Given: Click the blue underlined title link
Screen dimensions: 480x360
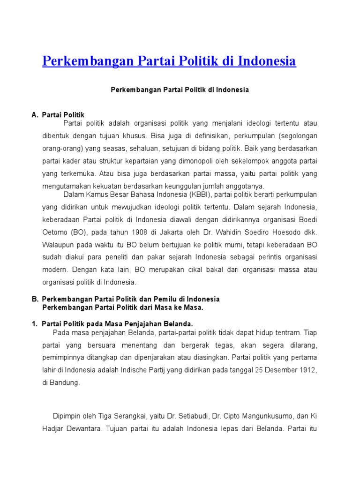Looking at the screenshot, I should (169, 61).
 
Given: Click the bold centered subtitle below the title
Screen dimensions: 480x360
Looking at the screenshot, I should (180, 90).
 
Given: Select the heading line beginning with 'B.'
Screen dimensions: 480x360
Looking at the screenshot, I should (126, 299).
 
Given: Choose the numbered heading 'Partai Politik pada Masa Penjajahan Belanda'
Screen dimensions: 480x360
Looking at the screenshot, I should (117, 324).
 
